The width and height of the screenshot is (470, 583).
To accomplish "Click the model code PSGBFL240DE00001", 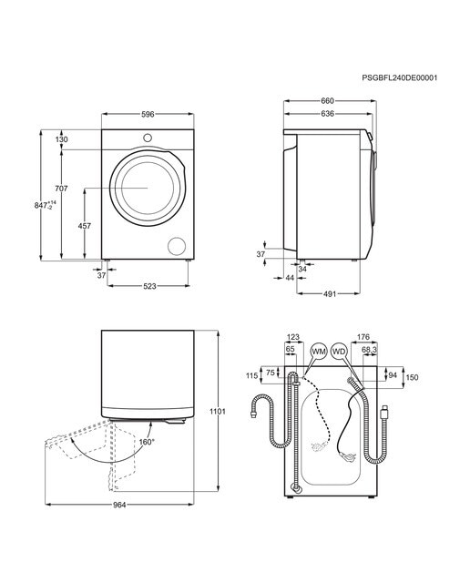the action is point(399,77).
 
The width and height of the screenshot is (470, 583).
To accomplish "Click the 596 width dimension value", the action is point(148,114).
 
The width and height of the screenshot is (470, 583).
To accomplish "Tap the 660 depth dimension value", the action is point(327,101).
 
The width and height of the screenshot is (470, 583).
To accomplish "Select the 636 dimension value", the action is point(327,114).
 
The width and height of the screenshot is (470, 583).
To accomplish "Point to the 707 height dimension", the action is point(61,189).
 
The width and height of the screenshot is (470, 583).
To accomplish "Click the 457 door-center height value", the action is point(85,226).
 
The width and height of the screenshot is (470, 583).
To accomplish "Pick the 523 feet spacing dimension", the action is point(149,286).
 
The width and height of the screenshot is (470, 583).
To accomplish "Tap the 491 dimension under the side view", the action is point(329,293).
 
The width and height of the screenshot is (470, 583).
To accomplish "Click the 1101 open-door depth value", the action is point(218,412).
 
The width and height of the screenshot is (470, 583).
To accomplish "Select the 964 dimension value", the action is point(119,505).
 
